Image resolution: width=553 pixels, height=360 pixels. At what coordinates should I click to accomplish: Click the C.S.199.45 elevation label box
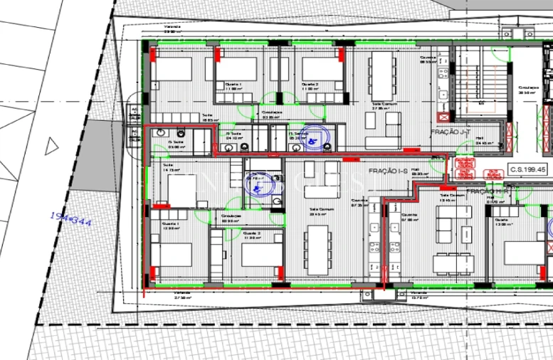[x=527, y=170]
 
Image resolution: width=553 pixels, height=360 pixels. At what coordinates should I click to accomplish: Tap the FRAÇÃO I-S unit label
[x=388, y=172]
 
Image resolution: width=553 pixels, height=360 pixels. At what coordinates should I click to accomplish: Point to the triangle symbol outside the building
[x=51, y=147]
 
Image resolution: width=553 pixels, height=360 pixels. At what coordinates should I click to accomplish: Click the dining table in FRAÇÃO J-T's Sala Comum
[x=382, y=78]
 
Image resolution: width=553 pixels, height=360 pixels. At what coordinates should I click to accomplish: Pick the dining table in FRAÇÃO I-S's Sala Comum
[x=317, y=249]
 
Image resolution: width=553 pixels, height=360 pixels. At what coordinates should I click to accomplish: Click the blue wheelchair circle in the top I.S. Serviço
[x=311, y=139]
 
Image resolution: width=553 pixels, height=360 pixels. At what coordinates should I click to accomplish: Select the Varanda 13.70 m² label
[x=418, y=295]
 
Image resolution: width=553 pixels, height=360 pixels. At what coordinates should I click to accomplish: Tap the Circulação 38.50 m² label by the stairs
[x=527, y=90]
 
